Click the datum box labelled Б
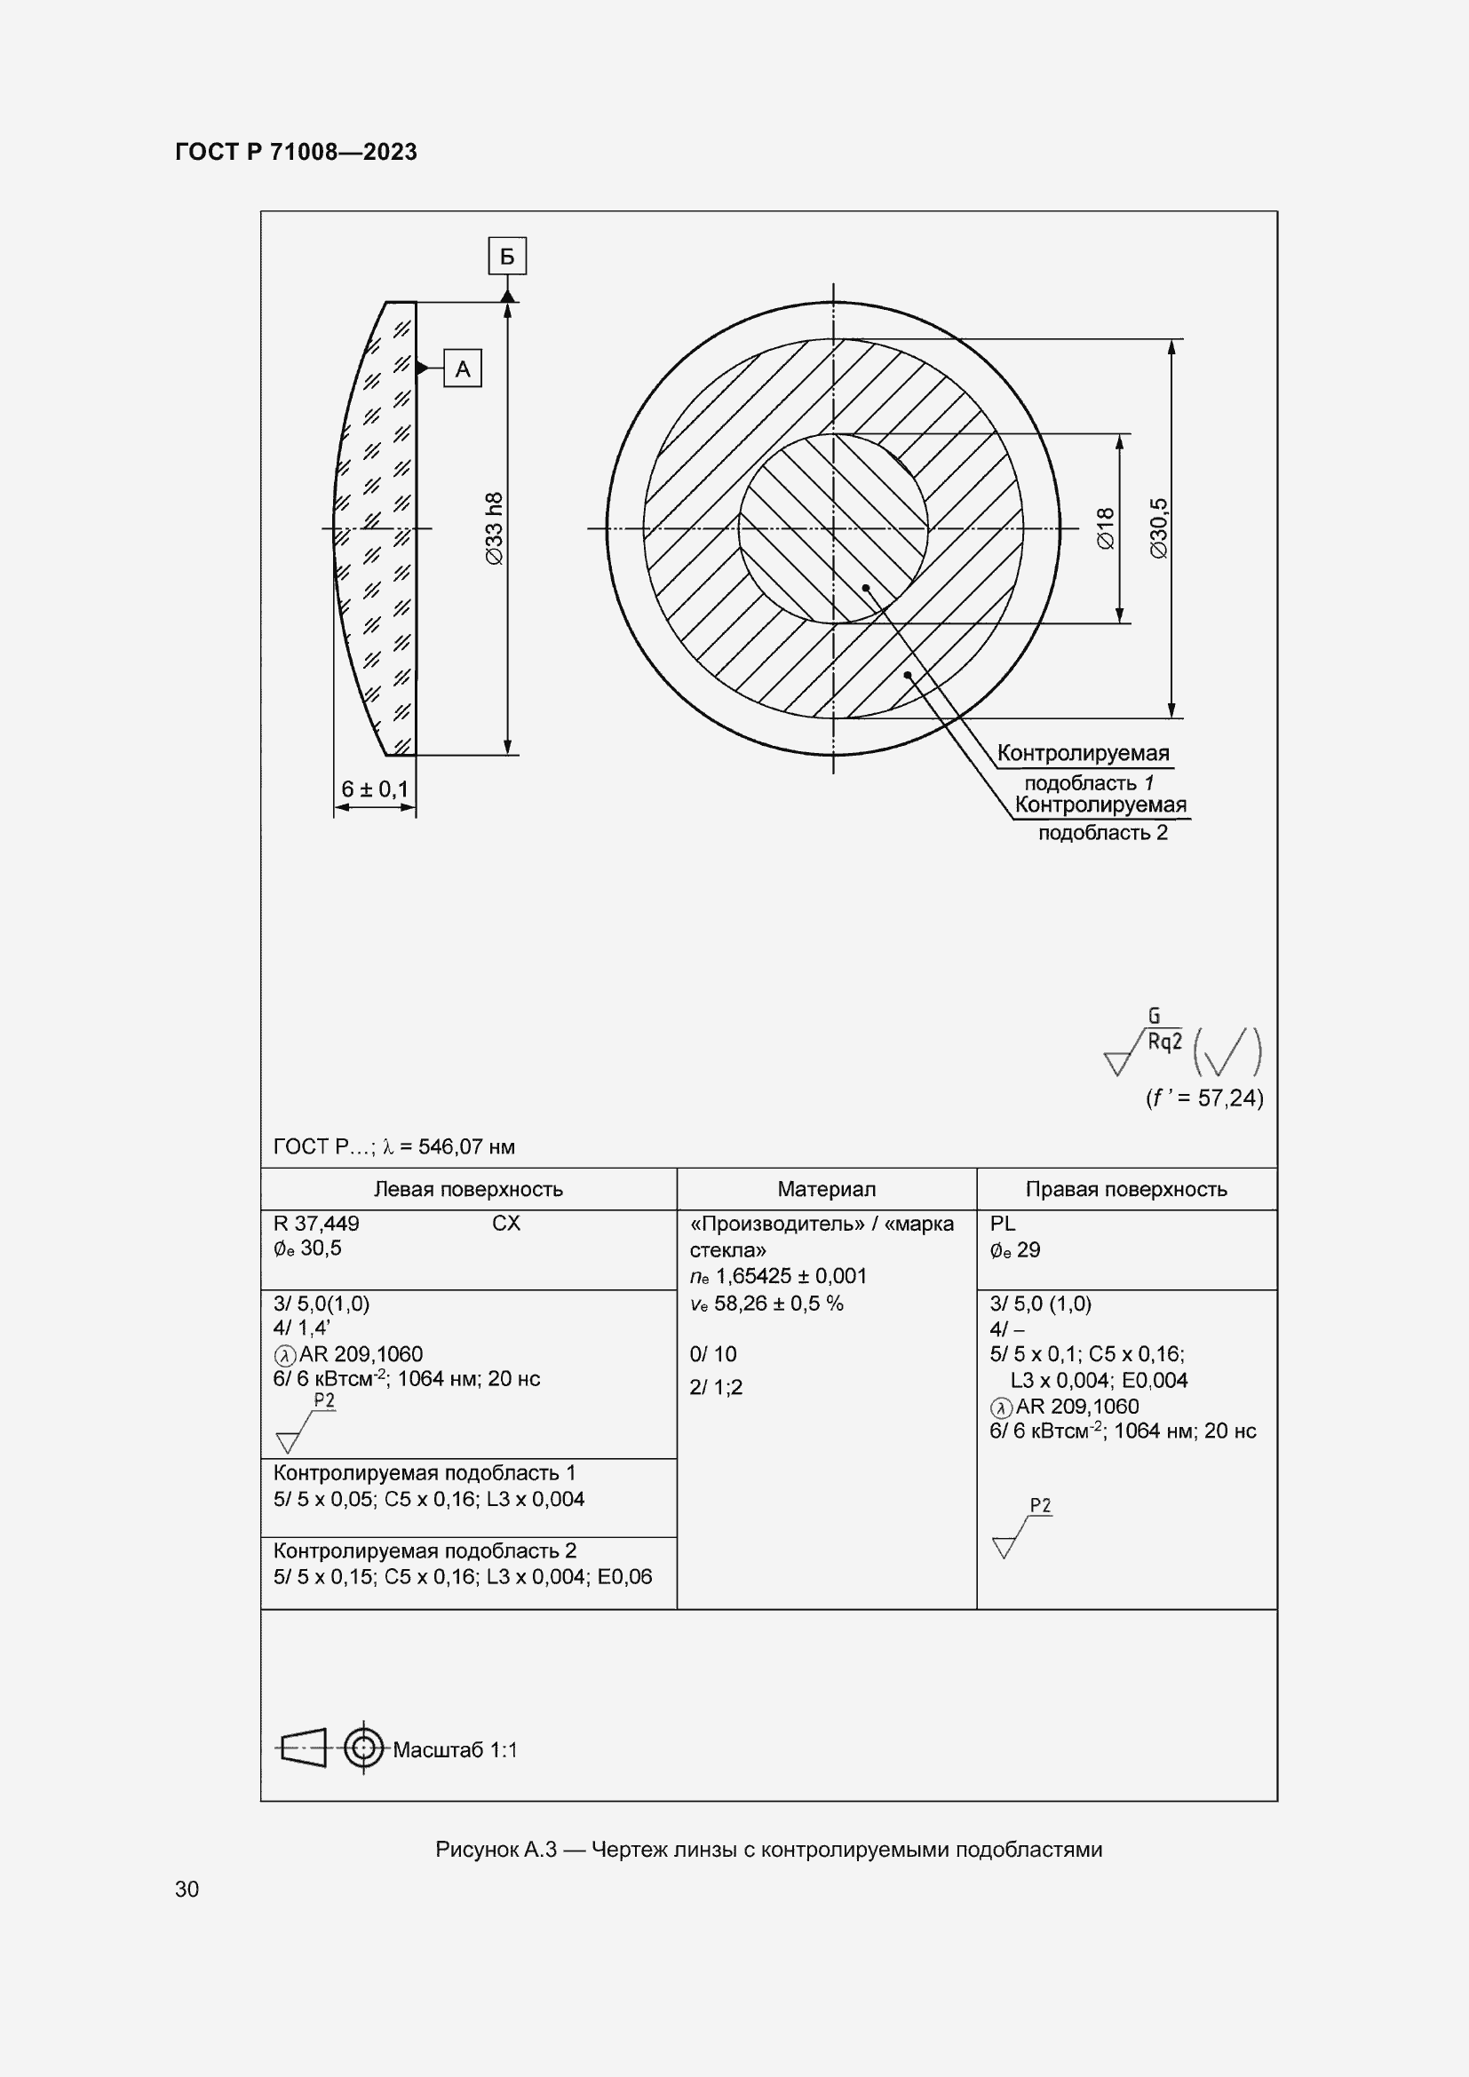pos(506,257)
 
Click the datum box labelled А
pos(462,369)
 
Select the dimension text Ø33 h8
pos(494,529)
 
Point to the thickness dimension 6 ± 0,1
pos(375,789)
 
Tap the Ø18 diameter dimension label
pos(1106,529)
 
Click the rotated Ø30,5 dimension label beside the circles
pos(1159,529)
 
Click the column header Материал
pos(826,1190)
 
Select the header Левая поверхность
pos(468,1190)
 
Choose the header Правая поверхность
pos(1126,1190)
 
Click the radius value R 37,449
pos(316,1224)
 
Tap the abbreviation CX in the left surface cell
pos(505,1224)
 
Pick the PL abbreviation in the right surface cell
pos(1002,1224)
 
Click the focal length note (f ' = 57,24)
pos(1204,1098)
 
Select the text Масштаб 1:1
pos(455,1750)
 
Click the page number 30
pos(187,1889)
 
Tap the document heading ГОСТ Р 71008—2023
pos(296,152)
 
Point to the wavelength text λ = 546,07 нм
pos(449,1147)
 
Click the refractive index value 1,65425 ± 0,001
pos(790,1276)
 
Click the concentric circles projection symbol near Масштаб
pos(363,1748)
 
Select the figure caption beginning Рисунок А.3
pos(769,1850)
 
